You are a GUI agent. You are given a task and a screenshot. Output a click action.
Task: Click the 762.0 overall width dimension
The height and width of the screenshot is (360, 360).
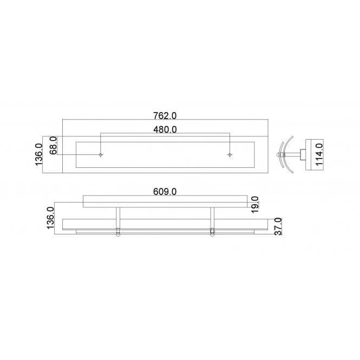coord(165,115)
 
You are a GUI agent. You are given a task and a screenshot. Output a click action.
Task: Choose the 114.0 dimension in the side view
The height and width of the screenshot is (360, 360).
coord(319,154)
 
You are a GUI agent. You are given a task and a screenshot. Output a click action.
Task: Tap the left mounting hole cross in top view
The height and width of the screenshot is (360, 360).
coord(101,155)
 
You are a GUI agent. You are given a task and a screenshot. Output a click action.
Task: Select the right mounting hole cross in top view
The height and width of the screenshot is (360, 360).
coord(231,155)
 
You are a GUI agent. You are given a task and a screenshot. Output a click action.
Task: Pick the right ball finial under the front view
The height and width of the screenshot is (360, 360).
coord(212,234)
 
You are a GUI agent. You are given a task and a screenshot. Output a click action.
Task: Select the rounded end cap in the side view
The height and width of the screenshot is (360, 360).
coord(280,155)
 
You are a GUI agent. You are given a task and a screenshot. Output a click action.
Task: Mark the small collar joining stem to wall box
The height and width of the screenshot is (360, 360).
coord(303,155)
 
